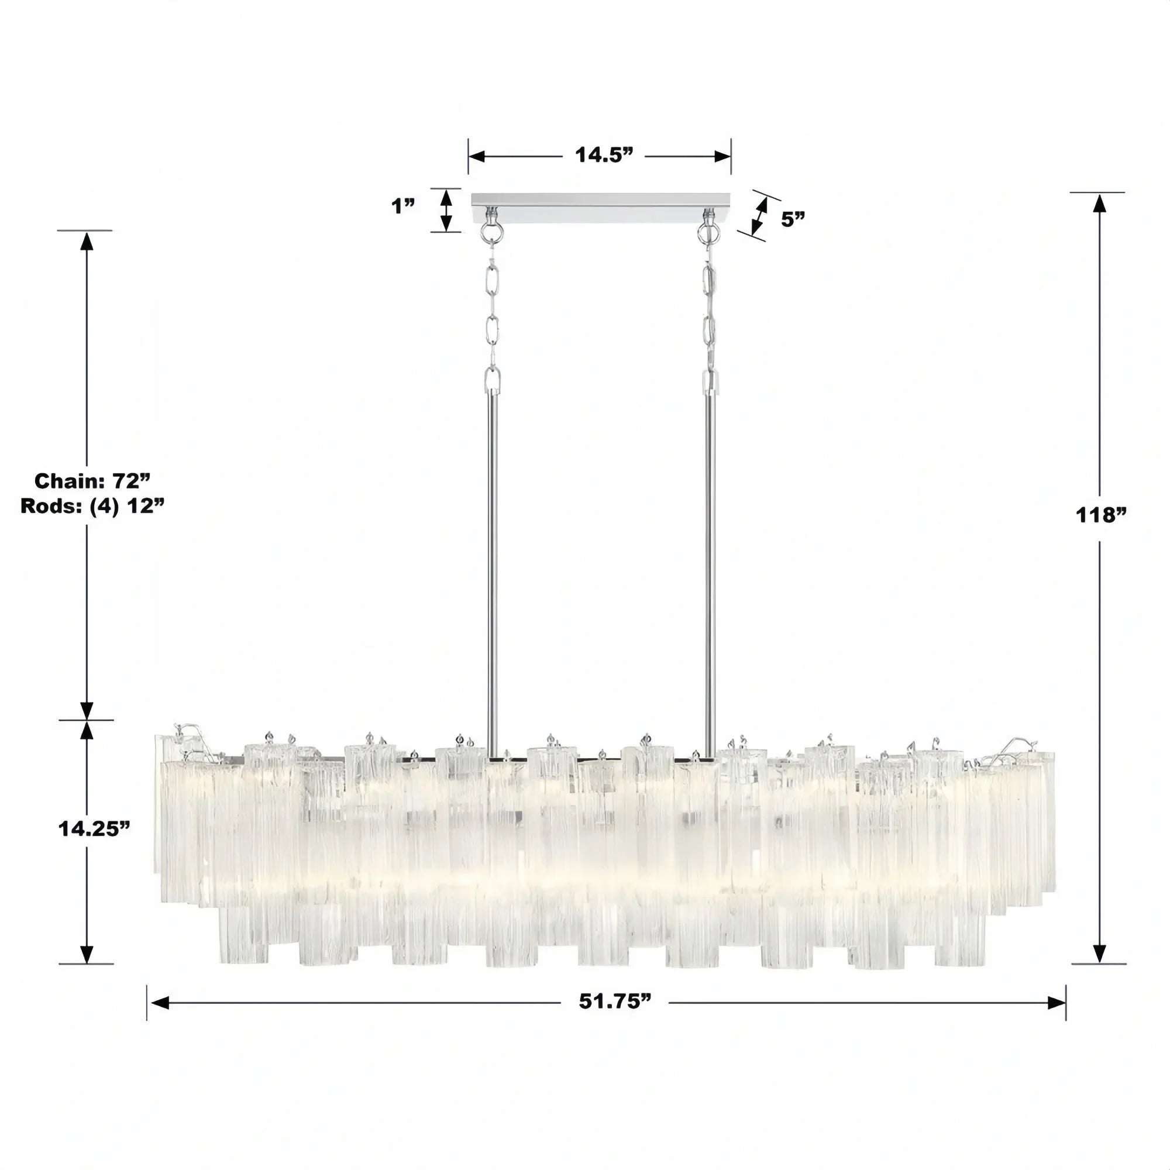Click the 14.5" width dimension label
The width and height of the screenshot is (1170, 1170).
click(603, 156)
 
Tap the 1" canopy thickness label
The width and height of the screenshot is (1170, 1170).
click(403, 207)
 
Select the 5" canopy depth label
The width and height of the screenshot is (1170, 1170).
click(793, 219)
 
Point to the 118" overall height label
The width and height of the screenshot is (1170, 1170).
click(1100, 515)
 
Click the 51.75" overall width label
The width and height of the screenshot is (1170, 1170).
click(615, 1002)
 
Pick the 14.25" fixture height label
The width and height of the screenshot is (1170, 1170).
click(94, 828)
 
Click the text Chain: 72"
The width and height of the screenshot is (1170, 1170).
click(92, 481)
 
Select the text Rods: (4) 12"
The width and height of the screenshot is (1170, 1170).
click(92, 506)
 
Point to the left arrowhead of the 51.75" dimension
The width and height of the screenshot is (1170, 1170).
click(159, 1003)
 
